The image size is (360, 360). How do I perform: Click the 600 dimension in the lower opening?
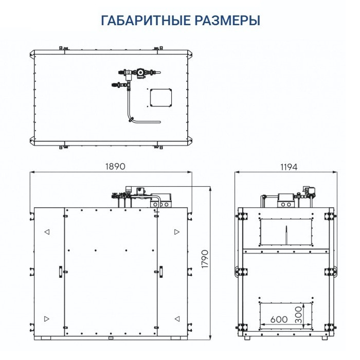pos(279,319)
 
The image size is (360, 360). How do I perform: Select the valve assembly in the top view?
pos(136,74)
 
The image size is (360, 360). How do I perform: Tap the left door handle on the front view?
pos(60,271)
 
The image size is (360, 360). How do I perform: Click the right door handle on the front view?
pos(160,271)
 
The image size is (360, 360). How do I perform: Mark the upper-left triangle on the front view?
pos(47,232)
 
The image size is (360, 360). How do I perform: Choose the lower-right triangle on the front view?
pos(176,317)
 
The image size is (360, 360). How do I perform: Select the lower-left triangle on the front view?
pos(47,317)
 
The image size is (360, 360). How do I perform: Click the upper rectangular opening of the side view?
pos(286,231)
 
